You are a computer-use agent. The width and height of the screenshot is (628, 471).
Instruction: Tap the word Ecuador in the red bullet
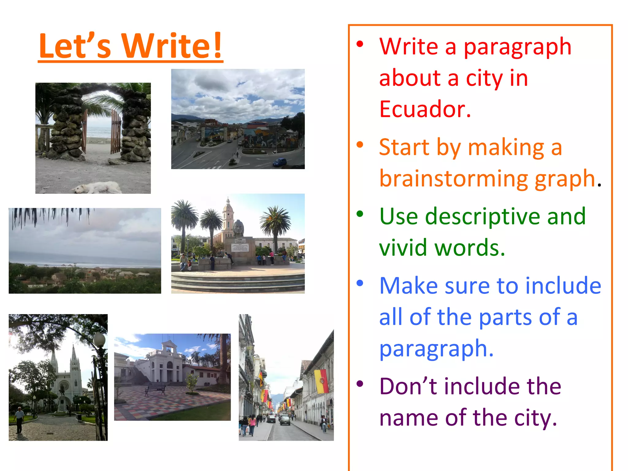424,109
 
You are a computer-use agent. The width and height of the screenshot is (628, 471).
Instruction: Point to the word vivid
403,248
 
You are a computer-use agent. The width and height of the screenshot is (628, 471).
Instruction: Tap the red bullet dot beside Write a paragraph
360,44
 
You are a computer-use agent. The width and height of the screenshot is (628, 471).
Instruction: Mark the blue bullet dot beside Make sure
360,283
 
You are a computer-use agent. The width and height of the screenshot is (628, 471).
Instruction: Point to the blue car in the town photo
279,162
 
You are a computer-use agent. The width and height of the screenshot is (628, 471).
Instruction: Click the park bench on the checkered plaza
155,390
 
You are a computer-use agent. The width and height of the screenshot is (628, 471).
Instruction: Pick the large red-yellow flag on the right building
322,381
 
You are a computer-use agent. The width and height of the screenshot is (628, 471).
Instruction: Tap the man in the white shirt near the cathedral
19,419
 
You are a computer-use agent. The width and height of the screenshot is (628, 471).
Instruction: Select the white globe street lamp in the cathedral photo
99,340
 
